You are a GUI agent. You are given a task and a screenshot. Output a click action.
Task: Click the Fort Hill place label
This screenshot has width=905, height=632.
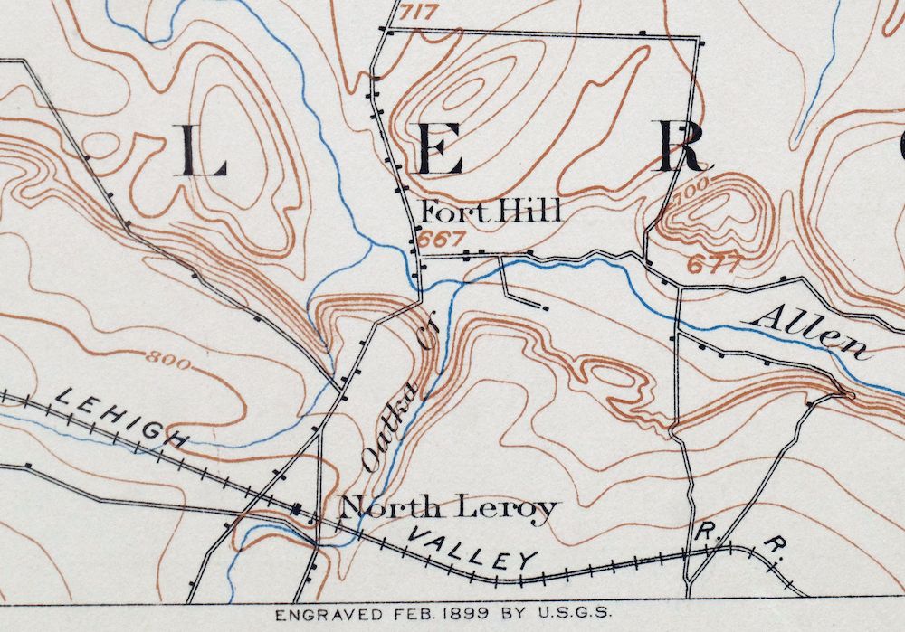(491, 212)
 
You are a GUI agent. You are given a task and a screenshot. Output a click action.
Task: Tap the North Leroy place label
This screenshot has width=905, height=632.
(447, 509)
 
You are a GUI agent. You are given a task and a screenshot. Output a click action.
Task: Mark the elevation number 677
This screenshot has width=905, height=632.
(714, 264)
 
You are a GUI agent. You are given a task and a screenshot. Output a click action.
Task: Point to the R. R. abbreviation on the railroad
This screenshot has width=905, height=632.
(736, 539)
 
